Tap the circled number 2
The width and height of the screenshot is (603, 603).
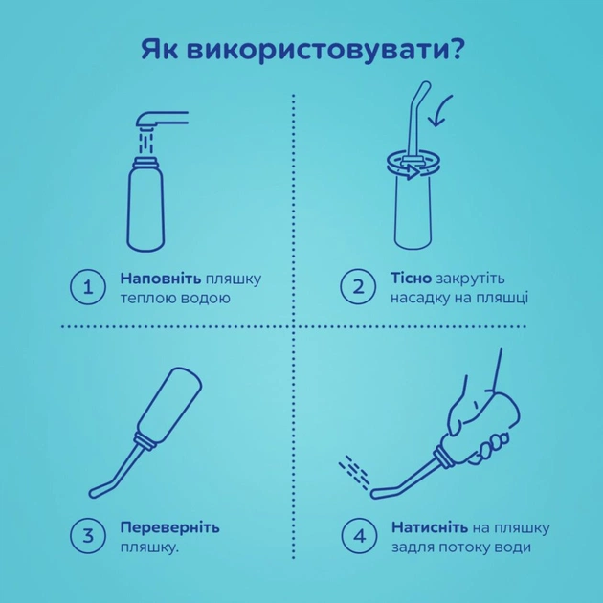point(358,287)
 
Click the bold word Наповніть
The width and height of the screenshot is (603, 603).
point(160,278)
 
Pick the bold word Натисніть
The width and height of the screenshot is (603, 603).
point(428,527)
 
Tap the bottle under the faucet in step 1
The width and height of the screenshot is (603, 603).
point(148,203)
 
